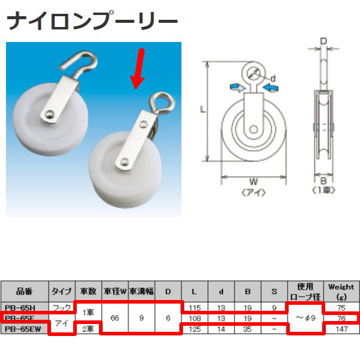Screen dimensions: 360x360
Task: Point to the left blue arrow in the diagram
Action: pos(236,88)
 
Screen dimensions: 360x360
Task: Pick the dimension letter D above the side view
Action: pos(323,41)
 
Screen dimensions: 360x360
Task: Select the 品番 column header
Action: pos(25,292)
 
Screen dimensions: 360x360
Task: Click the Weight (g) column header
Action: pos(341,292)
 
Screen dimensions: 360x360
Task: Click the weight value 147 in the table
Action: pos(341,328)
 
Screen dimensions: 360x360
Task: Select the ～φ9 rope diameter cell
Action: pos(306,317)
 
